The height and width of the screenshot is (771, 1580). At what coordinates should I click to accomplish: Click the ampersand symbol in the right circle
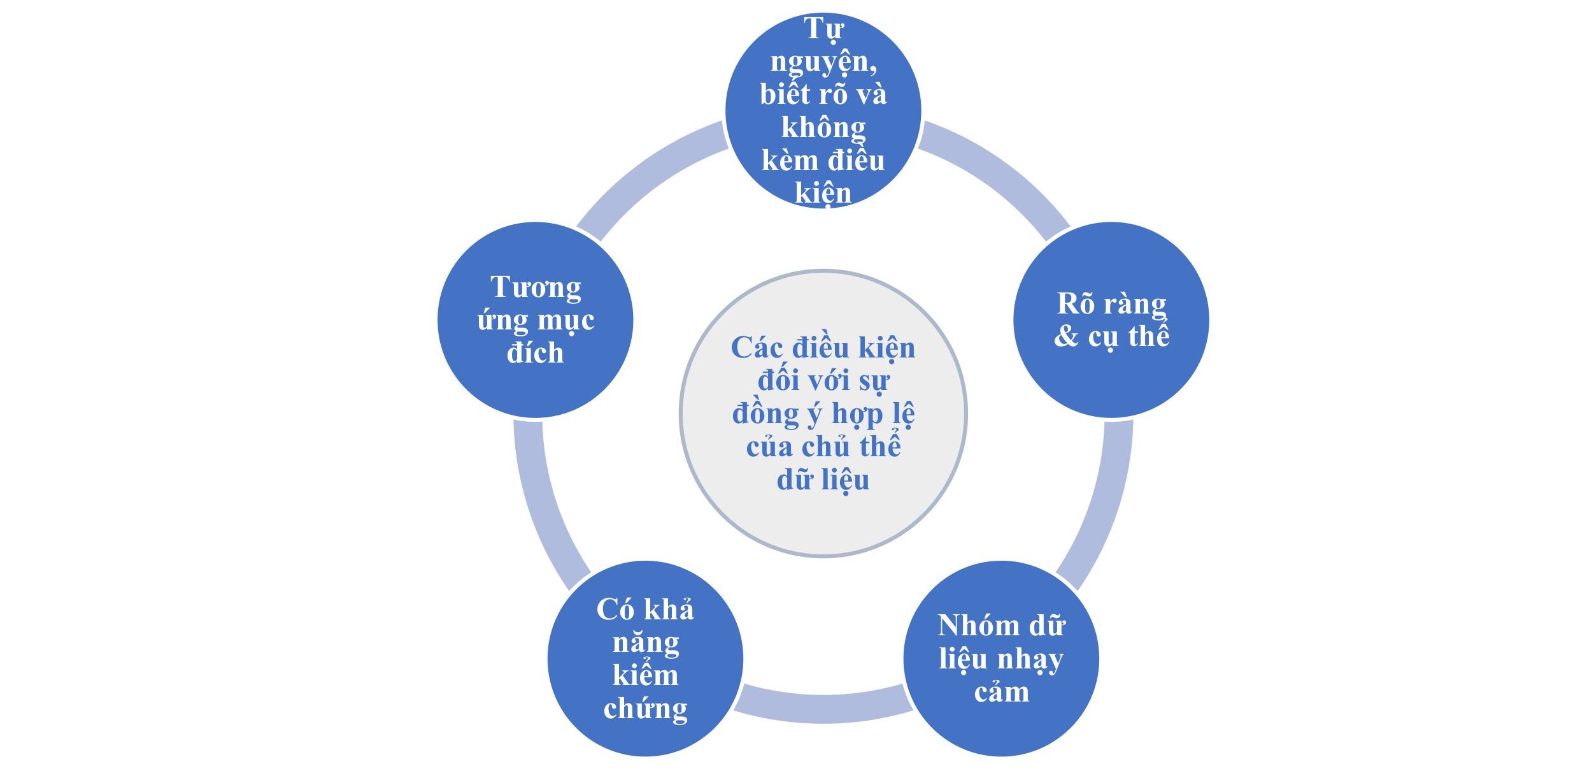(1066, 336)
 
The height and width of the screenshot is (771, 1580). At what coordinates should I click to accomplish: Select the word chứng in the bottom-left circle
(646, 709)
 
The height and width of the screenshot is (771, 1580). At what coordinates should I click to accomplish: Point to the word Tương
(536, 288)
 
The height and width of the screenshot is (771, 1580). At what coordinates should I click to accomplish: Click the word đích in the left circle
(535, 352)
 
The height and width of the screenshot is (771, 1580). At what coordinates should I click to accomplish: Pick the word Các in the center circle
(757, 348)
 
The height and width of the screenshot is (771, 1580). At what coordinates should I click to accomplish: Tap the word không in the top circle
(823, 127)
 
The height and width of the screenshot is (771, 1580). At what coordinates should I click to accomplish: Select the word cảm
(1002, 692)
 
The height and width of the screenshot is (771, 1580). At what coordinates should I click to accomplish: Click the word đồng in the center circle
(766, 414)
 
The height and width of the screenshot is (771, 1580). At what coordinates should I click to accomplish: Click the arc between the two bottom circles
(823, 708)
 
